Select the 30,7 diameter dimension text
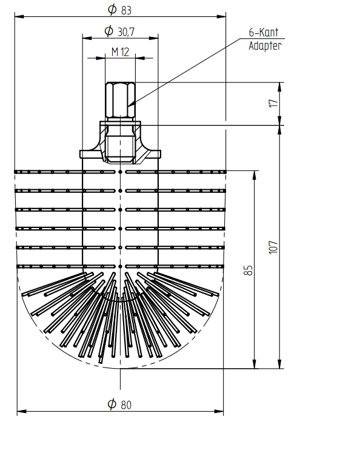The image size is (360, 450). pyautogui.click(x=126, y=32)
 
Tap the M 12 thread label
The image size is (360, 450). pyautogui.click(x=120, y=52)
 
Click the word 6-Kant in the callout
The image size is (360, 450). pyautogui.click(x=263, y=32)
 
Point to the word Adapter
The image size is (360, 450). pyautogui.click(x=265, y=45)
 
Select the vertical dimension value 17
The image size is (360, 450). pyautogui.click(x=273, y=103)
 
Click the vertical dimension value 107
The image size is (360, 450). pyautogui.click(x=273, y=247)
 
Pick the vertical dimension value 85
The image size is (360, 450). pyautogui.click(x=248, y=270)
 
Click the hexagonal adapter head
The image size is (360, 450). pyautogui.click(x=120, y=100)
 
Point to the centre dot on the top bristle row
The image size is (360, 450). pyautogui.click(x=120, y=172)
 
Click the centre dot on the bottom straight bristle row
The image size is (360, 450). pyautogui.click(x=120, y=266)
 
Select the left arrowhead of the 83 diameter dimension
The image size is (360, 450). pyautogui.click(x=19, y=16)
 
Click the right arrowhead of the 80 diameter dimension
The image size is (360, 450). pyautogui.click(x=219, y=411)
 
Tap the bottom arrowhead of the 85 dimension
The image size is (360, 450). pyautogui.click(x=254, y=364)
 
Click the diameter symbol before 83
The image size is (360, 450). pyautogui.click(x=112, y=9)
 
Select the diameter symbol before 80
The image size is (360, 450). pyautogui.click(x=112, y=404)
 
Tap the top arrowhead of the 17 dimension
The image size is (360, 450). pyautogui.click(x=279, y=87)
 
